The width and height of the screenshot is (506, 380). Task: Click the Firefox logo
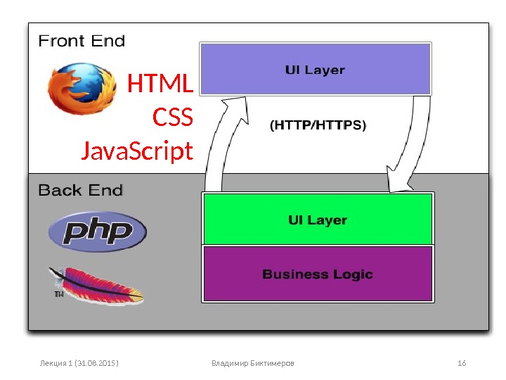pos(81,89)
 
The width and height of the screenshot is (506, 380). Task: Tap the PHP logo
pos(97,232)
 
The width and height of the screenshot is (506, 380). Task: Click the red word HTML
pos(160,85)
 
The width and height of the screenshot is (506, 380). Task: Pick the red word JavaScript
pos(137,151)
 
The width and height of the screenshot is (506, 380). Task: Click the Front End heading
pos(81,41)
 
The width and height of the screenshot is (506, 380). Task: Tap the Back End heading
pos(80,190)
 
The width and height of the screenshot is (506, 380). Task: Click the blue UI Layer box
pos(315,69)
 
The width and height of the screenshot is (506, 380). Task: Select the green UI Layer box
pos(317,220)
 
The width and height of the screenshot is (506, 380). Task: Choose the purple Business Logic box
pos(317,274)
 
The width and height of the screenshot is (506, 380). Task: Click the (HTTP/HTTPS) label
pos(318,126)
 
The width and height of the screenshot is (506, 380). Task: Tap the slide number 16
pos(462,363)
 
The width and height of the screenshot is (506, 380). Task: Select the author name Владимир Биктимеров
pos(253,363)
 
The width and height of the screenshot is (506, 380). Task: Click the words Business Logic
pos(318,274)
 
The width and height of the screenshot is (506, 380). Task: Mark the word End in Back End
pos(108,190)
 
